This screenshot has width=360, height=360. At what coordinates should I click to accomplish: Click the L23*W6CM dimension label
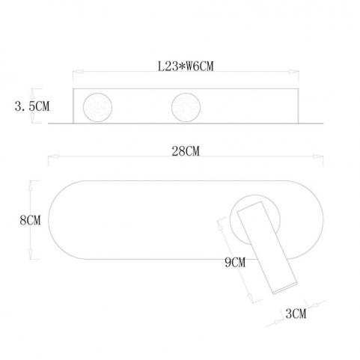point(186,67)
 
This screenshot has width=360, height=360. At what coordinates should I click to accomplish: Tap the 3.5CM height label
point(32,106)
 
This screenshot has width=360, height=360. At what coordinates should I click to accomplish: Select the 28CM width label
point(186,151)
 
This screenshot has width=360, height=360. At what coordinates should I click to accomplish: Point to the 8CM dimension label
point(30,220)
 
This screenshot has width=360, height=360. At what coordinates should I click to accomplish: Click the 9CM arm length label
point(235,262)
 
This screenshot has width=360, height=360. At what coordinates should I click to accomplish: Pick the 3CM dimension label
point(296,314)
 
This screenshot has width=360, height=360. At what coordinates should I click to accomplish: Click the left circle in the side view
point(97,107)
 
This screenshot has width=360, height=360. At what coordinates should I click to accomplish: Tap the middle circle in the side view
point(186,107)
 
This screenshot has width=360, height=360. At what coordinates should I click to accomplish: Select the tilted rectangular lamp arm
point(267,247)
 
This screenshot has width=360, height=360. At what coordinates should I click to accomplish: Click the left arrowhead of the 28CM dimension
point(53,156)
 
